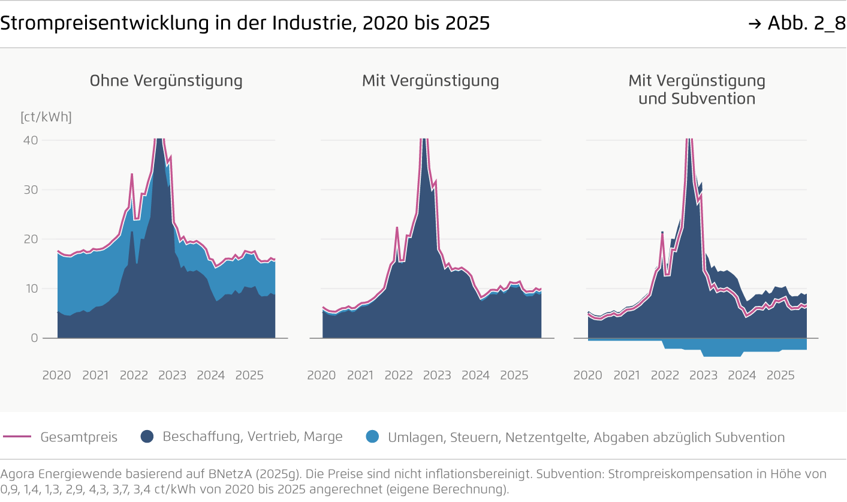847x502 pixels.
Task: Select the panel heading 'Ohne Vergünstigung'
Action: coord(166,80)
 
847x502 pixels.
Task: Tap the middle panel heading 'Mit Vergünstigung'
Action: coord(430,80)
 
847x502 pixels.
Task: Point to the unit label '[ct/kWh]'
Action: coord(46,117)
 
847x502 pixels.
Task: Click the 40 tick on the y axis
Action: coord(31,140)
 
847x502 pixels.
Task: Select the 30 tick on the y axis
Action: coord(31,190)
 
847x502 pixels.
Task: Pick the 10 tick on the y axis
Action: coord(31,288)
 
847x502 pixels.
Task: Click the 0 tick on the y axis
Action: coord(34,338)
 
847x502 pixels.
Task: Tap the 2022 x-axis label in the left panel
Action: coord(134,375)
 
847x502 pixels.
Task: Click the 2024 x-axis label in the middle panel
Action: coord(475,375)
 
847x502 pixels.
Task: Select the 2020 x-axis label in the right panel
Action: coord(587,375)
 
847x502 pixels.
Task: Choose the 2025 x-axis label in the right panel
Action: coord(780,375)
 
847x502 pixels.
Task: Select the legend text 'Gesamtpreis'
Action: coord(79,437)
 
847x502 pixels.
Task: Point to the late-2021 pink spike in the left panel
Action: coord(132,175)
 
